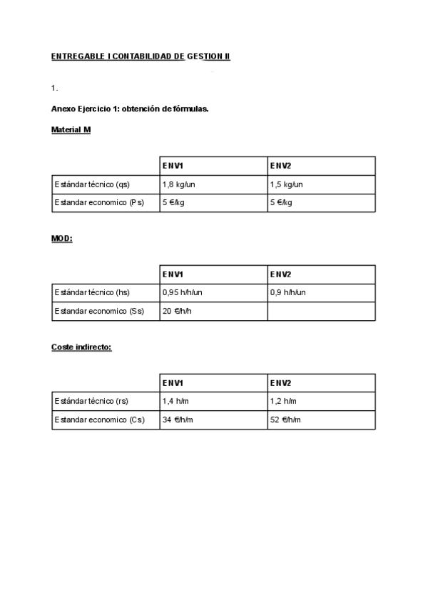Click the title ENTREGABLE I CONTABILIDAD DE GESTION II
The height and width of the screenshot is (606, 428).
coord(141,56)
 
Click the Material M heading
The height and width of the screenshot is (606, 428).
coord(71,130)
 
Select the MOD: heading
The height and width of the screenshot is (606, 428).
coord(62,239)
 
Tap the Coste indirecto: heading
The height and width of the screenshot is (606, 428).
coord(81,347)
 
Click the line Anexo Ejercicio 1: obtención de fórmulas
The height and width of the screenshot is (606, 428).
coord(130,109)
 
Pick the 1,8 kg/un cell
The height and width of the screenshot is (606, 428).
coord(179,184)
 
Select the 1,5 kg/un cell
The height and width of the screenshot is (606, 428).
coord(287,184)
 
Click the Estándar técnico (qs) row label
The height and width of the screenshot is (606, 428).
coord(92,184)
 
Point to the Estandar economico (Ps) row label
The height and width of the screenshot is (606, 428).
coord(99,203)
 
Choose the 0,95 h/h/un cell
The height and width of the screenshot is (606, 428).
coord(183,293)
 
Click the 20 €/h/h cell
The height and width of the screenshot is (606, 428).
coord(178,312)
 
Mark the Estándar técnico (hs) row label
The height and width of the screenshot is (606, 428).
coord(92,293)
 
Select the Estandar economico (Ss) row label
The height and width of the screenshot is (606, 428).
coord(99,312)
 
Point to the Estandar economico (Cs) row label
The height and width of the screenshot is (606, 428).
coord(99,420)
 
